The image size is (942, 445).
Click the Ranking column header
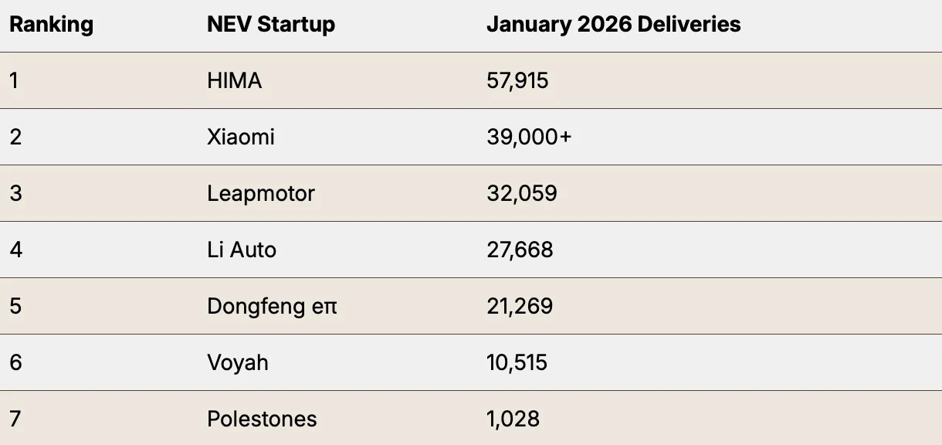[51, 24]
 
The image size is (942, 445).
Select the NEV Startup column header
[271, 24]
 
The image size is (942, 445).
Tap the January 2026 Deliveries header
[613, 24]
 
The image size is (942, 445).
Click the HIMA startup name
[235, 80]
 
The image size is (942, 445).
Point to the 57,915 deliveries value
[517, 80]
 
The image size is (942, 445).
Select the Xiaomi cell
[241, 137]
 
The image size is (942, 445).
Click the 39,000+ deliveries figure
[530, 137]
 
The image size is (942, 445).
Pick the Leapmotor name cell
[261, 193]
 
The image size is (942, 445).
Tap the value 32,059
[522, 193]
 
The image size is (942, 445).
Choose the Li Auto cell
[242, 250]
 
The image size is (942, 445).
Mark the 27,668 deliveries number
[520, 250]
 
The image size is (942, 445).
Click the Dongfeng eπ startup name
[273, 306]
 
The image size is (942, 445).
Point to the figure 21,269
[520, 306]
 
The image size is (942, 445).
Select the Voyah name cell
[238, 362]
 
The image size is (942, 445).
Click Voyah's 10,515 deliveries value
[517, 362]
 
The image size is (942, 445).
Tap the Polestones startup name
[262, 419]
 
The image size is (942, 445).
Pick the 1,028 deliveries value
[513, 419]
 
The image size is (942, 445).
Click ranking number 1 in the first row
[14, 80]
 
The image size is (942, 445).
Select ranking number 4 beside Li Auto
[15, 250]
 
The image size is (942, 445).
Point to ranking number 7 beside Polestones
[15, 419]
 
